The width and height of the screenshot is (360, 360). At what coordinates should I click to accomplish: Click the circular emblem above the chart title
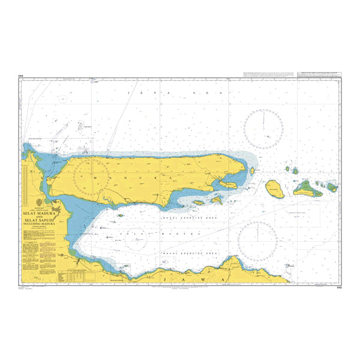tap(40, 202)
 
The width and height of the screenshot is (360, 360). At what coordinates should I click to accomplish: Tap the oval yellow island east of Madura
tap(275, 188)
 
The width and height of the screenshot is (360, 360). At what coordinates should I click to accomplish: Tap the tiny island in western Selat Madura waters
tap(120, 215)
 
